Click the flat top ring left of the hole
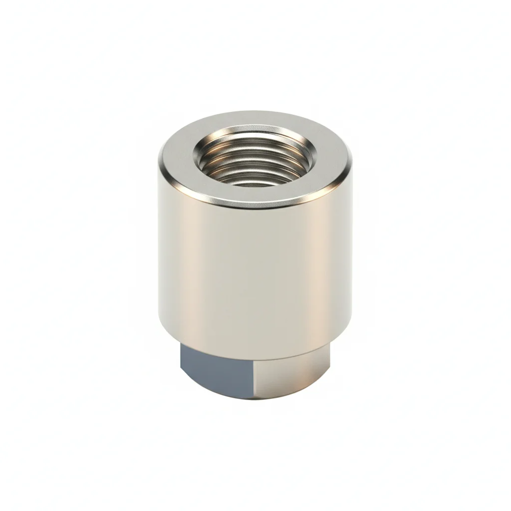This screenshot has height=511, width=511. click(177, 155)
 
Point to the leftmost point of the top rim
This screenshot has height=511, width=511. click(159, 160)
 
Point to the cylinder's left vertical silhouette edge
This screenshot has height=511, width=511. click(159, 250)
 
